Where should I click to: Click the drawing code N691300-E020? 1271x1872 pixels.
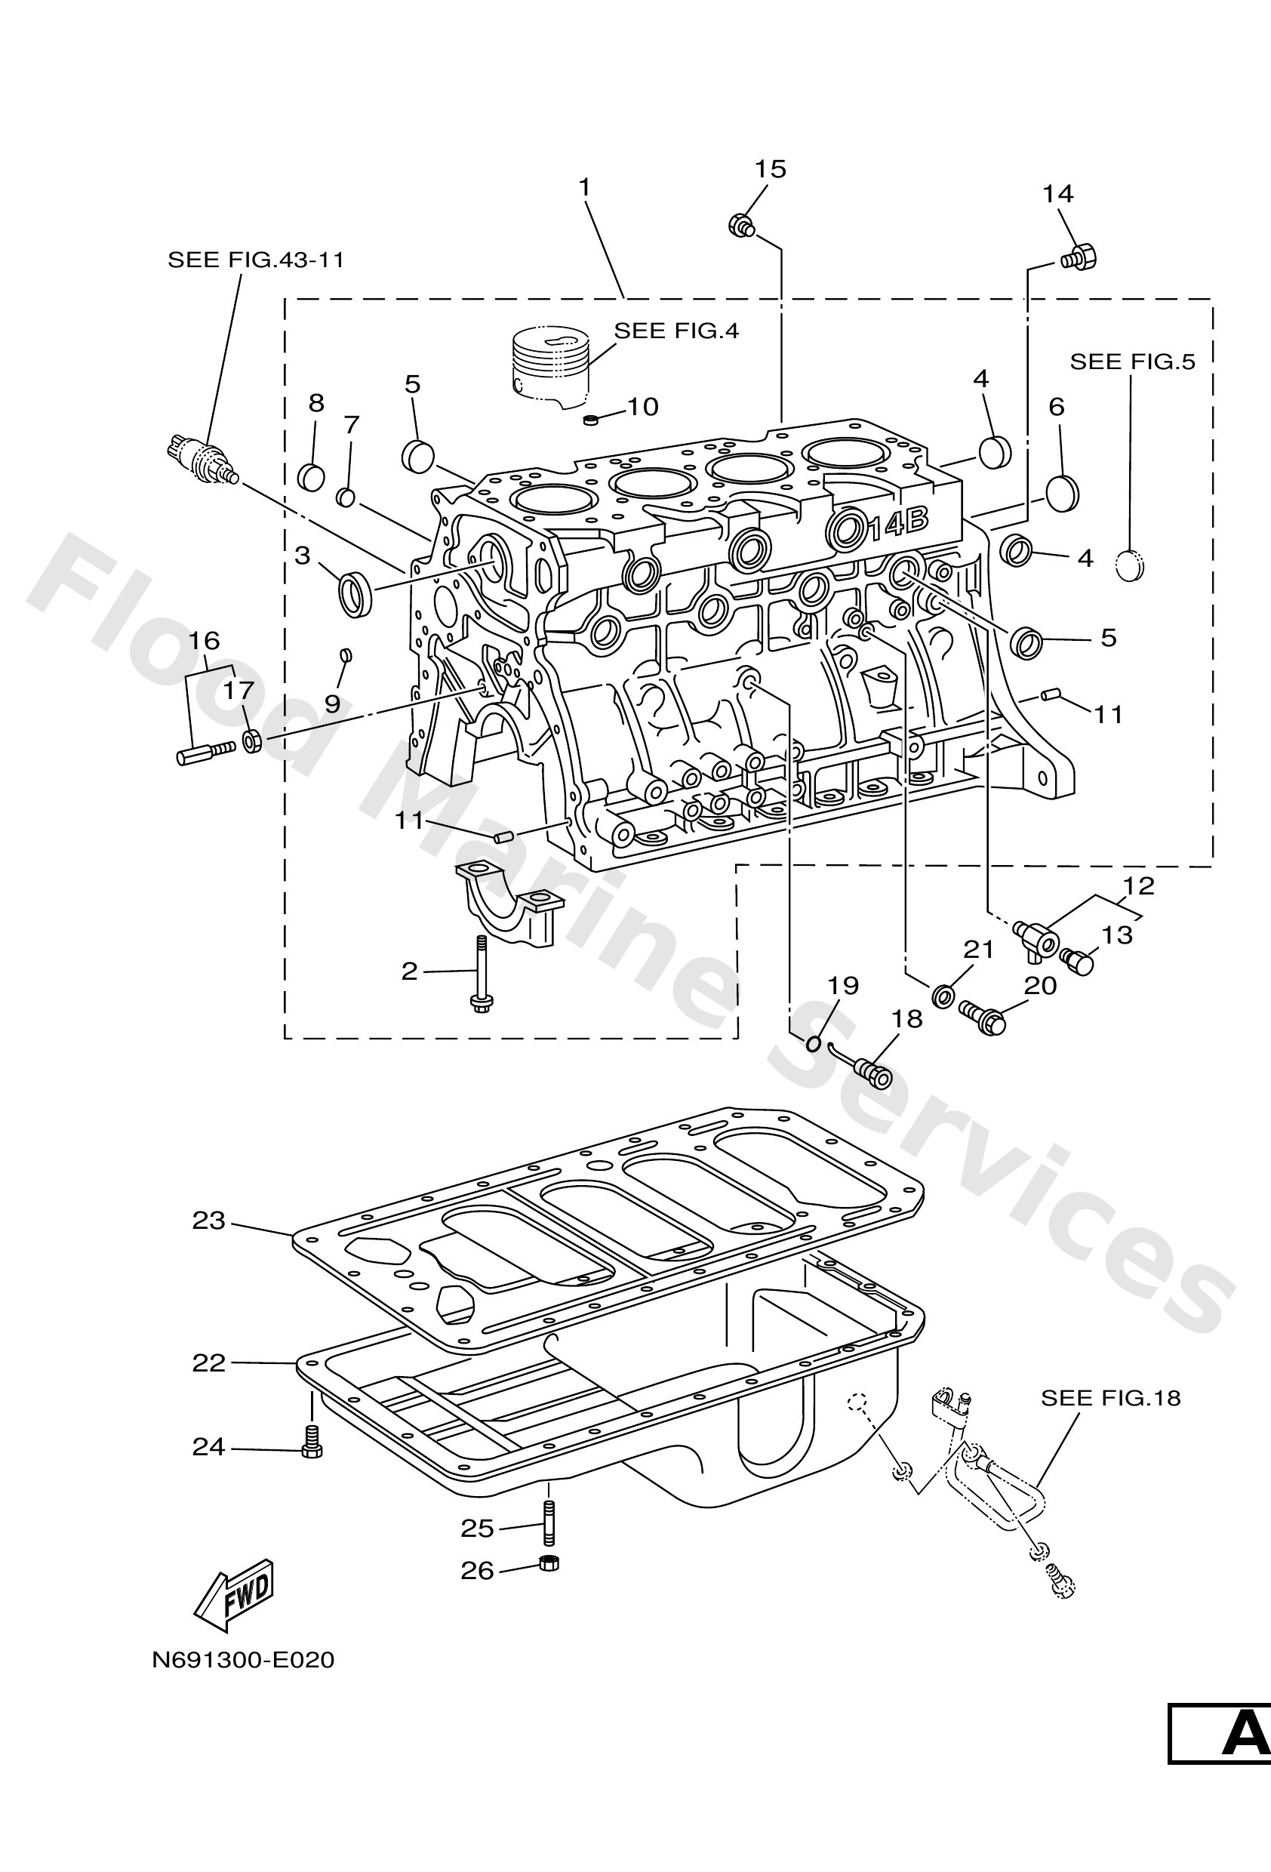pyautogui.click(x=242, y=1659)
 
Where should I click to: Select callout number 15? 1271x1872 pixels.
pyautogui.click(x=770, y=169)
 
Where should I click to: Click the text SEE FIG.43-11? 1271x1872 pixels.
pyautogui.click(x=255, y=260)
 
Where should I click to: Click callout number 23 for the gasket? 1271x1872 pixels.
pyautogui.click(x=208, y=1221)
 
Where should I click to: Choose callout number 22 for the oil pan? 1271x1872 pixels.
pyautogui.click(x=208, y=1362)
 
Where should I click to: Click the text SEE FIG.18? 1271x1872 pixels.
pyautogui.click(x=1110, y=1397)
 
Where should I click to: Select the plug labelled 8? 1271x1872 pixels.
pyautogui.click(x=311, y=477)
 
